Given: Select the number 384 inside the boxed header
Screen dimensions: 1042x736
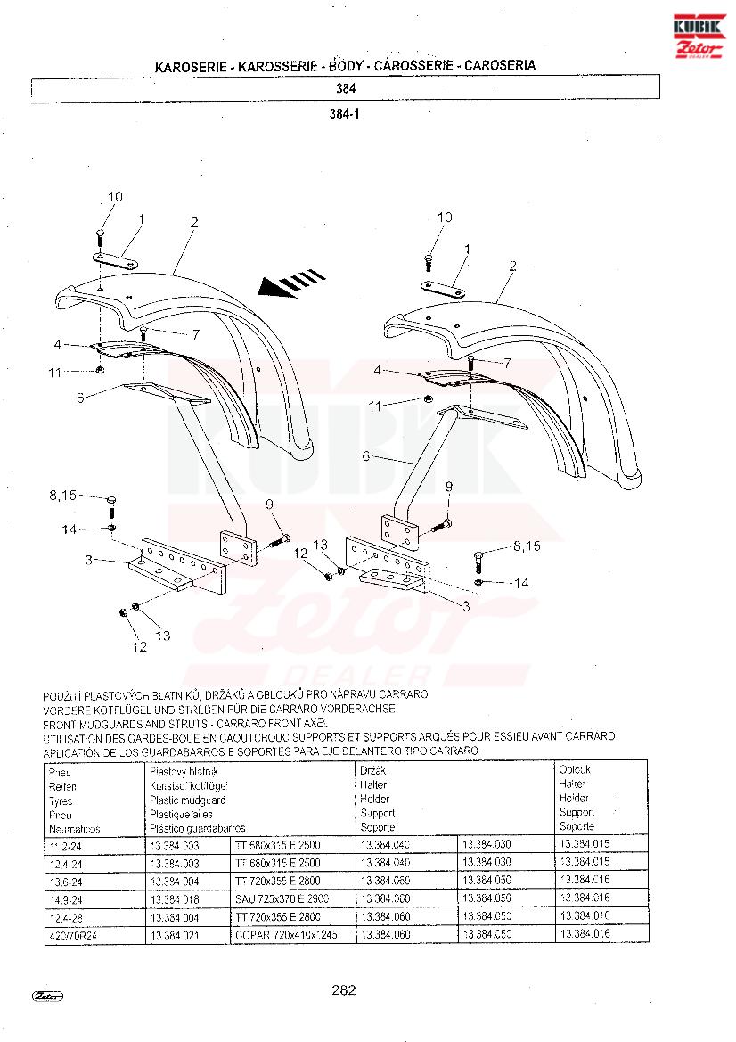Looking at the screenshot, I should [347, 89].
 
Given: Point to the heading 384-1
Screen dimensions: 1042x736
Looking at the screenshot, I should [345, 114].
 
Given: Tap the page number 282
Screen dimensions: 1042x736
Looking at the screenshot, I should [344, 989].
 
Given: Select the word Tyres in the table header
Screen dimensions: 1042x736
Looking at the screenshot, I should [61, 801].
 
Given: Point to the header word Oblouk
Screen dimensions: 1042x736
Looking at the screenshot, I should [575, 769].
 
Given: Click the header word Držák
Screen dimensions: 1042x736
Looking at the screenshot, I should [372, 770].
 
